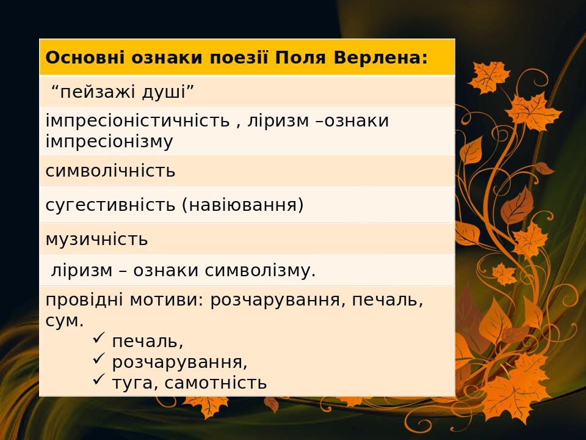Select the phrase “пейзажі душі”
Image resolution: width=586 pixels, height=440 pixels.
pos(123,92)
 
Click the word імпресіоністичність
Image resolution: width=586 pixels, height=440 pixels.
pos(138,121)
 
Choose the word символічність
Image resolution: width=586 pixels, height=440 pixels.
pos(110,171)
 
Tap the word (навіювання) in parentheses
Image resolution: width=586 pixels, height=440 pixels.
pos(242,205)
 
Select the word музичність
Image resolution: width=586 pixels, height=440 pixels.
pos(96,240)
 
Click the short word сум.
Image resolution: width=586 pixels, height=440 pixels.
pos(64,321)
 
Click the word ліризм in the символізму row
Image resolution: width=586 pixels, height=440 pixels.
pos(82,271)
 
